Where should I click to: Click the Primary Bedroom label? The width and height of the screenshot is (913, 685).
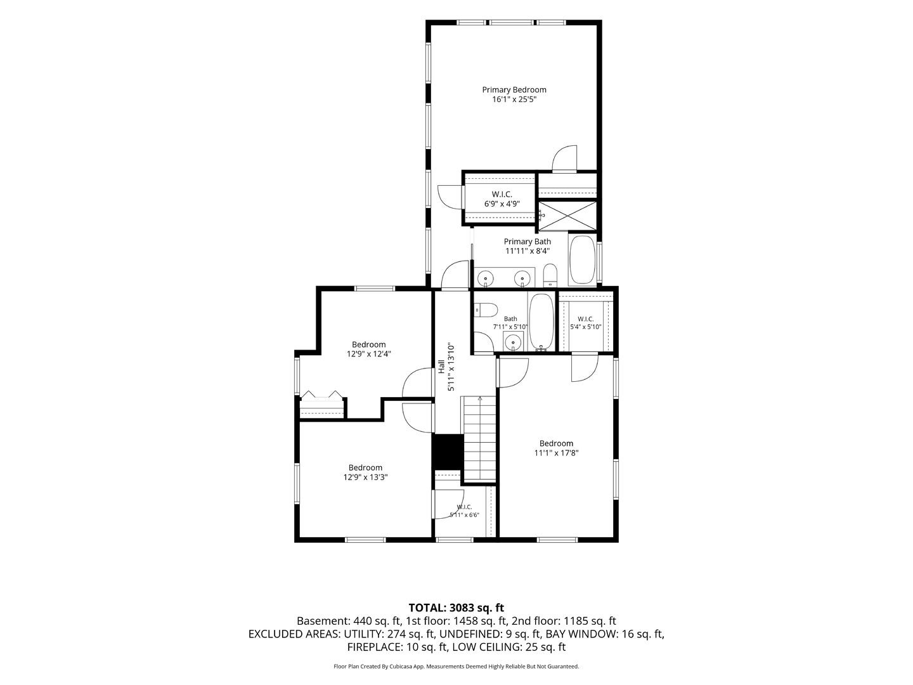point(514,90)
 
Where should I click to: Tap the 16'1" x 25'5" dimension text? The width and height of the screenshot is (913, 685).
point(514,100)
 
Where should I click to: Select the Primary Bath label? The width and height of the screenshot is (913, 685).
point(527,242)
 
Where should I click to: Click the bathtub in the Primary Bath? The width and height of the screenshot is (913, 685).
point(582,260)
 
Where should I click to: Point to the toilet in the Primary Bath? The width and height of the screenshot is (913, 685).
point(550,275)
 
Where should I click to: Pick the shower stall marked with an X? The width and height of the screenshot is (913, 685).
point(567,216)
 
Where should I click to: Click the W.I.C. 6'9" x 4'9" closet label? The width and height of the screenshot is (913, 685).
point(502,199)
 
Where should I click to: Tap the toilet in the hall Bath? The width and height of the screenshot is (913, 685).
point(486,310)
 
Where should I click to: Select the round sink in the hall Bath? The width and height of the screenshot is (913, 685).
point(514,342)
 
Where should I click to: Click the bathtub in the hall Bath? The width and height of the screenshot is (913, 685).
point(541,322)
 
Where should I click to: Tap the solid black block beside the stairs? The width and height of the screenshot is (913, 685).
point(448,452)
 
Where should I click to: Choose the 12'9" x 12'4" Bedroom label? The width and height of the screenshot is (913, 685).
point(369,349)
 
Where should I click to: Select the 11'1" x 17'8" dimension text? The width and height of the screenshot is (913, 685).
point(556,453)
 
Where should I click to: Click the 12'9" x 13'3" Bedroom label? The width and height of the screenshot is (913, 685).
point(366,473)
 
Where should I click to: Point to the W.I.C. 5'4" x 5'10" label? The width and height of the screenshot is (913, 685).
point(586,323)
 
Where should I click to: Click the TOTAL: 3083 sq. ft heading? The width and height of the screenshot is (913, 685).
point(456,608)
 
